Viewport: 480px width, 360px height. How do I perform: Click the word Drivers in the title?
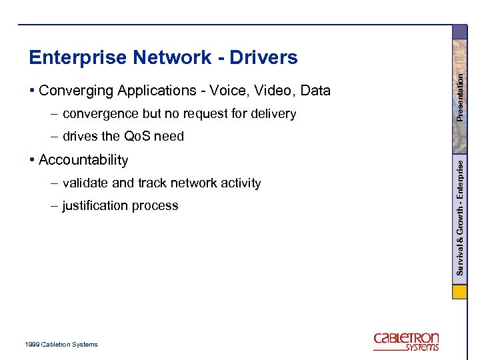263,58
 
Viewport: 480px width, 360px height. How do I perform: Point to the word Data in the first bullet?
315,91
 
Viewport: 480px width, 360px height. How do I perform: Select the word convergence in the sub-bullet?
100,114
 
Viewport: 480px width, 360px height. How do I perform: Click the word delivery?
273,114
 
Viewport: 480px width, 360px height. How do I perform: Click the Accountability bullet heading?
83,160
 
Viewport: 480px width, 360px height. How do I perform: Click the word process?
156,206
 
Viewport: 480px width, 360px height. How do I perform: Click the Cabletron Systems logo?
406,341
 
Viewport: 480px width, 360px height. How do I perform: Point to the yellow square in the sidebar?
459,293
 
